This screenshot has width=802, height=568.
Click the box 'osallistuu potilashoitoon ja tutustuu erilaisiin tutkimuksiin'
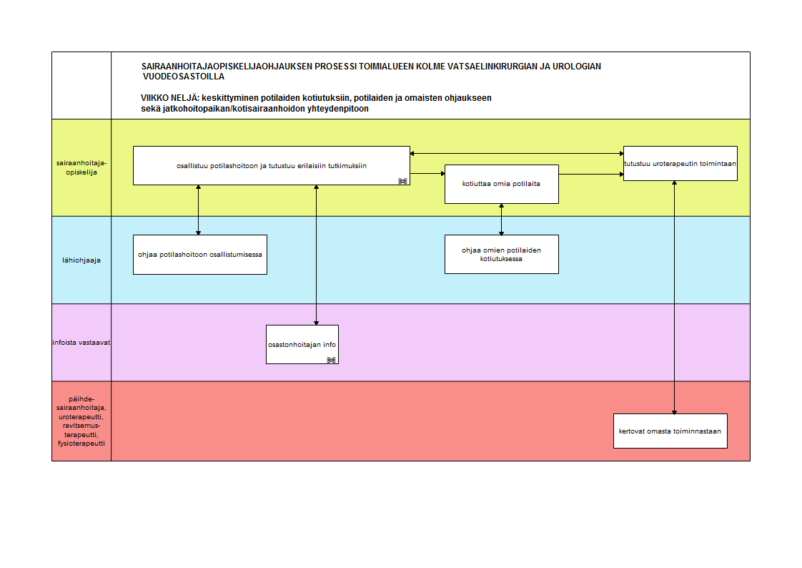click(x=271, y=166)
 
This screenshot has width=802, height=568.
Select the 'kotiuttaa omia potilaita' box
click(x=502, y=185)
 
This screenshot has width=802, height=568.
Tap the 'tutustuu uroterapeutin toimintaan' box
click(x=680, y=164)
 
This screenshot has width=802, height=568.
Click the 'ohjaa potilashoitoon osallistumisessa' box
click(x=200, y=255)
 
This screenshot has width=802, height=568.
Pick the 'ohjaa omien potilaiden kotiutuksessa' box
click(x=502, y=255)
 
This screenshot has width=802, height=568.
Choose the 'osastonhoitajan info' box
click(x=302, y=344)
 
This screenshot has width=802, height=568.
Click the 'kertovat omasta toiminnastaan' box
click(x=670, y=431)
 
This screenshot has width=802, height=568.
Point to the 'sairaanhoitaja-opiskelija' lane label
click(x=81, y=168)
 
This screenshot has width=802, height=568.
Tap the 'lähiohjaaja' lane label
click(x=81, y=260)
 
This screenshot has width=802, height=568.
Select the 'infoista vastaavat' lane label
click(x=81, y=343)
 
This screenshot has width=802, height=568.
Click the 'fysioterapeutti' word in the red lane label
click(x=81, y=444)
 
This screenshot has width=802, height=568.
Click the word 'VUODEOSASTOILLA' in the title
click(x=184, y=77)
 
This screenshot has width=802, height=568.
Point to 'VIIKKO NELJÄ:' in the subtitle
click(x=170, y=98)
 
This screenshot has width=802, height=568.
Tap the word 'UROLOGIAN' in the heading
click(x=576, y=67)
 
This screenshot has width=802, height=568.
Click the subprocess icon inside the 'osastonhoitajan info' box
click(x=331, y=360)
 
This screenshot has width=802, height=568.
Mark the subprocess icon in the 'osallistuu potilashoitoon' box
click(x=402, y=181)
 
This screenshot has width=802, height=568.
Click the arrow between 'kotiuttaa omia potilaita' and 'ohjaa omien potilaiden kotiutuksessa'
click(x=501, y=220)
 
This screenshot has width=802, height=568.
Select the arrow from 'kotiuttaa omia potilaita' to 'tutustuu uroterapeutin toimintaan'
click(x=591, y=175)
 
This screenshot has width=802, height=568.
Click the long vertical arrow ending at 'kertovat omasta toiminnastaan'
click(x=675, y=298)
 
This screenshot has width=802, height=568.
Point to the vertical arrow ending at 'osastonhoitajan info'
click(x=316, y=255)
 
